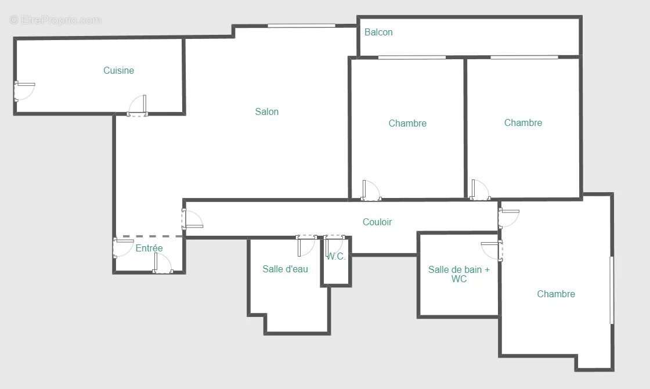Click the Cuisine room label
118,70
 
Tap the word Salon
267,111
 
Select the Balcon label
378,33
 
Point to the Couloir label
377,222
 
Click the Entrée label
149,248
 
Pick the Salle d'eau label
285,269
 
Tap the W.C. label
337,256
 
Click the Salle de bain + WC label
458,274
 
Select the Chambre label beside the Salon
407,123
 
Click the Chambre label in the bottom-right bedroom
556,294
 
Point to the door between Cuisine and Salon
138,107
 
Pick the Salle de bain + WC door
492,250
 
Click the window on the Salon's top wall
301,26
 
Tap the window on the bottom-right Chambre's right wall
612,290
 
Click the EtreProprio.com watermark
56,20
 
